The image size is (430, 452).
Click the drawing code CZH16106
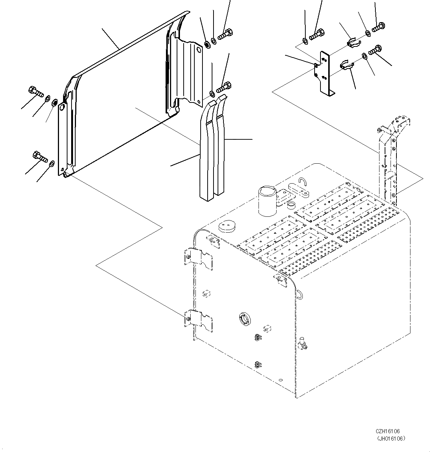(x=388, y=431)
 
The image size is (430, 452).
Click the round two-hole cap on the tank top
(x=227, y=226)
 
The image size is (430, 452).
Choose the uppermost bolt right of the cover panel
(x=225, y=34)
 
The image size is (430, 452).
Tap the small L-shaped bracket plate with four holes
(x=325, y=72)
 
